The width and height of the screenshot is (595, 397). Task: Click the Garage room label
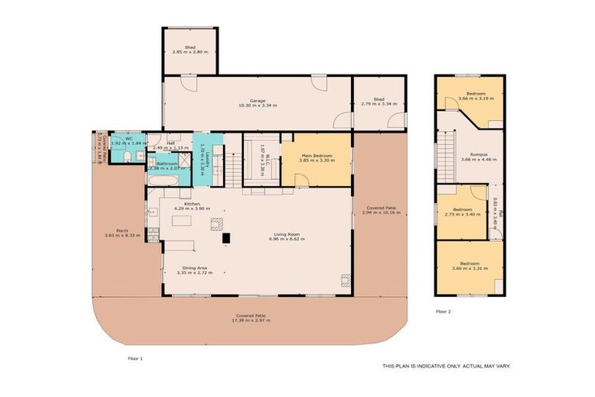pos(258,100)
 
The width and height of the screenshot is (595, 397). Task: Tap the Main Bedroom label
pos(316,156)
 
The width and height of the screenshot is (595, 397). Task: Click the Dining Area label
pos(191,268)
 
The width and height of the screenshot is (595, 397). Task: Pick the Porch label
pos(122,230)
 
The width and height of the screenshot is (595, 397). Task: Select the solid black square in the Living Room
pos(226,239)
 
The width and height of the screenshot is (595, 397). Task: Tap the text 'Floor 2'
pos(443,311)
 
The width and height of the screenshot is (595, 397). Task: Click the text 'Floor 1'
pos(136,358)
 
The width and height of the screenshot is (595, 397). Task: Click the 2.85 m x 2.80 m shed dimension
pos(190,50)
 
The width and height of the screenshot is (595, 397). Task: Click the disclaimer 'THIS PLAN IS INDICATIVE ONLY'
pos(446,365)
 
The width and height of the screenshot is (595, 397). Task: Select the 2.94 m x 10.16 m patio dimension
pos(380,212)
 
